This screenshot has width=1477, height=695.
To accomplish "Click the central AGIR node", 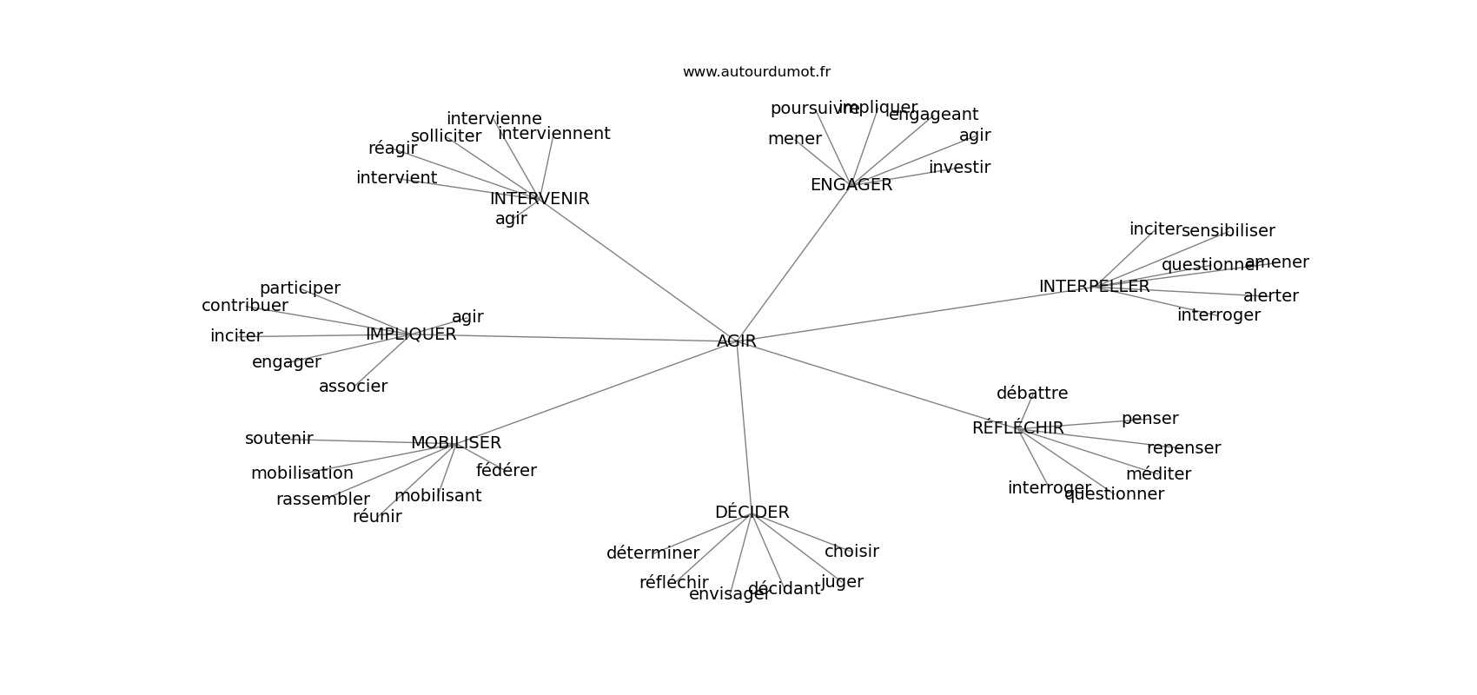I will [x=736, y=341].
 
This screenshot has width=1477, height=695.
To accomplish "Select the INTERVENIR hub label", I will [x=539, y=199].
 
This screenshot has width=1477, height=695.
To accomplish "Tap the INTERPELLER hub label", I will [x=1094, y=287].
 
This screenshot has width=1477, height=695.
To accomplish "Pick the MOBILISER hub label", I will [x=455, y=443].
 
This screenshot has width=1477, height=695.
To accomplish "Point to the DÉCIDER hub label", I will [x=752, y=513].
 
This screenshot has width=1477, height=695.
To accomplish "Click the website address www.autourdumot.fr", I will [x=756, y=72].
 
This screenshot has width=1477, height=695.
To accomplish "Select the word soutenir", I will [x=278, y=439].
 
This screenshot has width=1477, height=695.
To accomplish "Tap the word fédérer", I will [x=506, y=471].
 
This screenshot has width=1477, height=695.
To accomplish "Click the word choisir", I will [x=851, y=552].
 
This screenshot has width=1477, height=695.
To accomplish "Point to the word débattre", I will [x=1031, y=394].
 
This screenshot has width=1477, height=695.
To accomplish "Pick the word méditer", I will [x=1158, y=474].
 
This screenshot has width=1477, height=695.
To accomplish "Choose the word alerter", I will [x=1270, y=296].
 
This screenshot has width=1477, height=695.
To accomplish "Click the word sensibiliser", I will [x=1228, y=231].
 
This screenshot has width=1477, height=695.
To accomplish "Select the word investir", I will [x=959, y=168].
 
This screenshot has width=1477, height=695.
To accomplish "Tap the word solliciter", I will [x=446, y=136].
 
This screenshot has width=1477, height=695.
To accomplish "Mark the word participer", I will [x=300, y=288].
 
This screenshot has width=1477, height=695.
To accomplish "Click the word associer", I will [x=353, y=387].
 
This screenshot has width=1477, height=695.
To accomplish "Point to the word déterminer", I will [x=652, y=553].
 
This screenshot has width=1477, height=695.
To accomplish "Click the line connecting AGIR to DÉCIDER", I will [x=744, y=426].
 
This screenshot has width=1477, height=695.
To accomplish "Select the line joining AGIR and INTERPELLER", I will [x=912, y=314].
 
